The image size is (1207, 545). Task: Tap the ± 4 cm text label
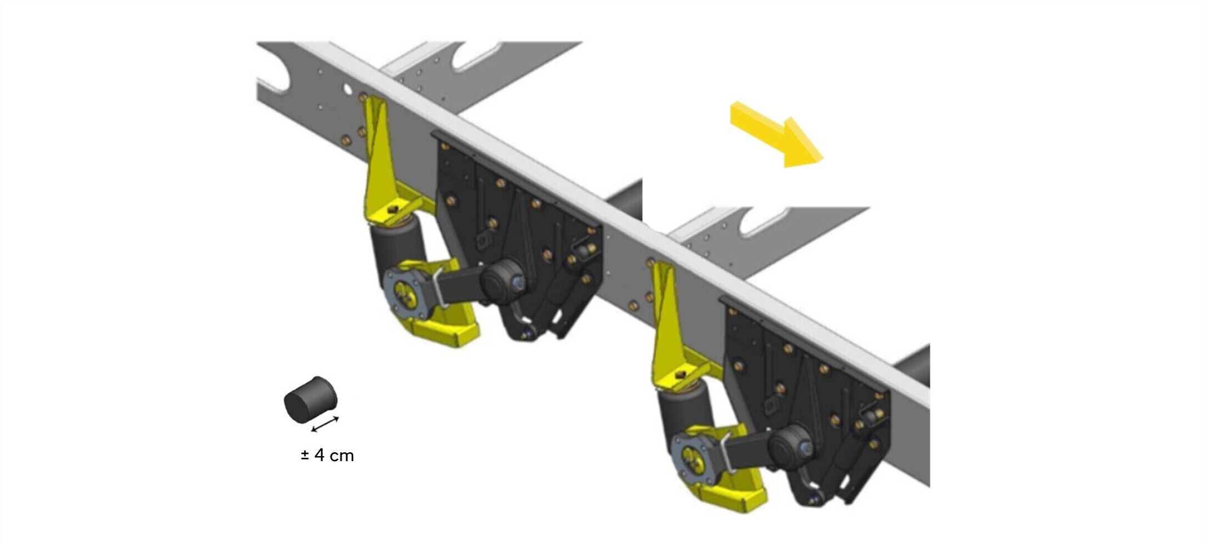[327, 456]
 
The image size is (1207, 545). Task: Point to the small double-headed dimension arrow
[325, 424]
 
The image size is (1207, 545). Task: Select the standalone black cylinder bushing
[310, 399]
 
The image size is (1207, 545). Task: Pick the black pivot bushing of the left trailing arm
[501, 279]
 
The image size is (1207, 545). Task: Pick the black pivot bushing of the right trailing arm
[791, 446]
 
